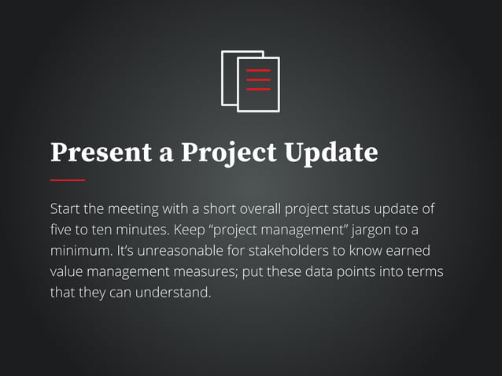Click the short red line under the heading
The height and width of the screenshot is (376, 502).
point(67,180)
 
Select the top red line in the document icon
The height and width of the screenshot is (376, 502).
point(258,71)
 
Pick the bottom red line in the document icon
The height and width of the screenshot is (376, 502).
point(258,89)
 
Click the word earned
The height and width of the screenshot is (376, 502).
point(410,253)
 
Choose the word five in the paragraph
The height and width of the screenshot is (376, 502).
point(61,231)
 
